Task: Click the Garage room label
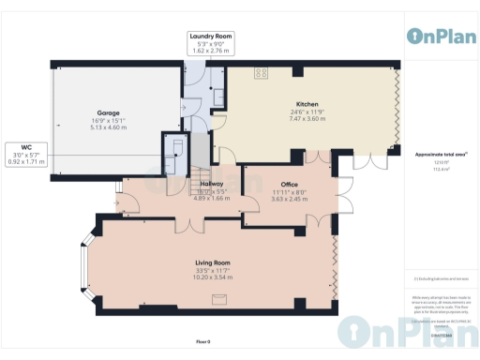click(x=108, y=112)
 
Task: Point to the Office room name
click(x=289, y=185)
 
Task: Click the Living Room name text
click(x=212, y=262)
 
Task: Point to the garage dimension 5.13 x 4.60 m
click(x=108, y=127)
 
